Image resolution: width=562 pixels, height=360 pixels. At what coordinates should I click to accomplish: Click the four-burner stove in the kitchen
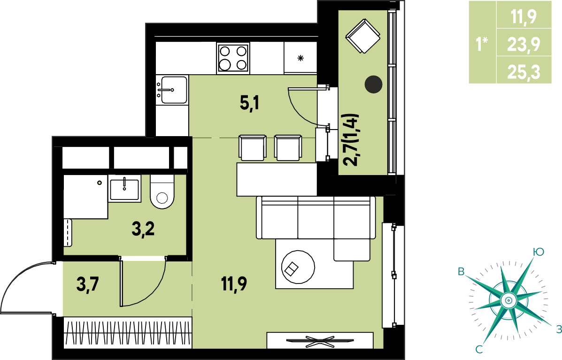233,58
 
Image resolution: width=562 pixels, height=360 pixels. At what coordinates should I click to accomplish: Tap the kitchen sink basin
174,90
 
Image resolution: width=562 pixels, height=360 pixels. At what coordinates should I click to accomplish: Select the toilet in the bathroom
162,191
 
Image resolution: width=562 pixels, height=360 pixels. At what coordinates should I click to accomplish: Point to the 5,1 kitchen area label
249,104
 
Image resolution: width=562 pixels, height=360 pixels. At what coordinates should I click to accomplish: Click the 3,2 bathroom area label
143,229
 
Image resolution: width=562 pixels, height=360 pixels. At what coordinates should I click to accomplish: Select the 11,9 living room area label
234,284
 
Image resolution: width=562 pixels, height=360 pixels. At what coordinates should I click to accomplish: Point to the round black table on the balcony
373,84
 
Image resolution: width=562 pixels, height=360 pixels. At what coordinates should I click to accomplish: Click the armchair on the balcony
363,36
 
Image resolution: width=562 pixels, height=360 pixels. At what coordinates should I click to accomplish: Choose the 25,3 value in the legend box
524,72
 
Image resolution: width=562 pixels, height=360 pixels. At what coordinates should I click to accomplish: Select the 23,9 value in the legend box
524,45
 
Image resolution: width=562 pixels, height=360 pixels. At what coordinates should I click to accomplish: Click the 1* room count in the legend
482,45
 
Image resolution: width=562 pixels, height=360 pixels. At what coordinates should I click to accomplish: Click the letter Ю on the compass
538,252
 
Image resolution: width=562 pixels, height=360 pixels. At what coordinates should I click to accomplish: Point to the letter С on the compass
479,349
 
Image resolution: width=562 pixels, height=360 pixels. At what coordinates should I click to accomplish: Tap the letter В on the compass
461,271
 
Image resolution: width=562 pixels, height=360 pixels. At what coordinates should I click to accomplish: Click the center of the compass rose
508,300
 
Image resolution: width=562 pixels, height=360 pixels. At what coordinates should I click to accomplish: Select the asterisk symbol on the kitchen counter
300,58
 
